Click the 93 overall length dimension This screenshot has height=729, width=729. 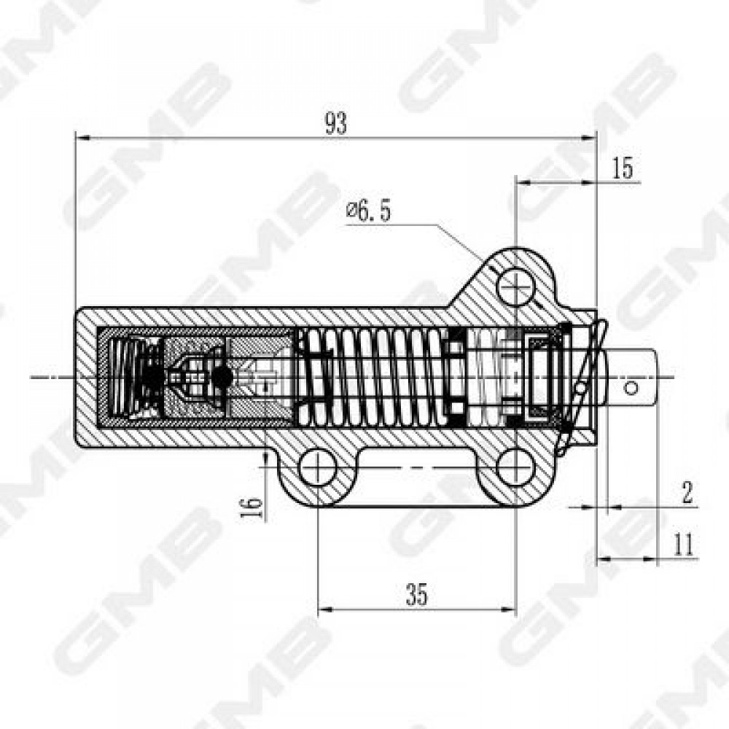pyautogui.click(x=335, y=124)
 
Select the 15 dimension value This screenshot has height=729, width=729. pyautogui.click(x=622, y=168)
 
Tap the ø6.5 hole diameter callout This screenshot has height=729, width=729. pyautogui.click(x=368, y=211)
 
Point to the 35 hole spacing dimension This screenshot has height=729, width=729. pyautogui.click(x=416, y=594)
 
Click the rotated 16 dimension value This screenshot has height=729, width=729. pyautogui.click(x=252, y=507)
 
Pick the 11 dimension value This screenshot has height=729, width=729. pyautogui.click(x=684, y=544)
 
